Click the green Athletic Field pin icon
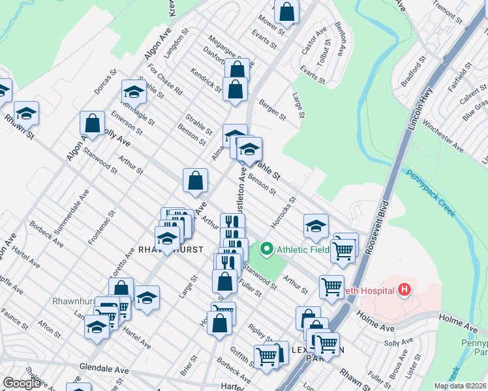(266, 248)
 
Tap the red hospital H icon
(404, 289)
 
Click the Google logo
(22, 383)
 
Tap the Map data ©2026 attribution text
(459, 386)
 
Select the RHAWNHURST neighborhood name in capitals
(170, 250)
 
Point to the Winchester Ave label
(442, 138)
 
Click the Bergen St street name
(272, 110)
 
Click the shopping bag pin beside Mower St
(287, 11)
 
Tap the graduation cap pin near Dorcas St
(134, 92)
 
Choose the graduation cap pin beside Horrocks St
(316, 226)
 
